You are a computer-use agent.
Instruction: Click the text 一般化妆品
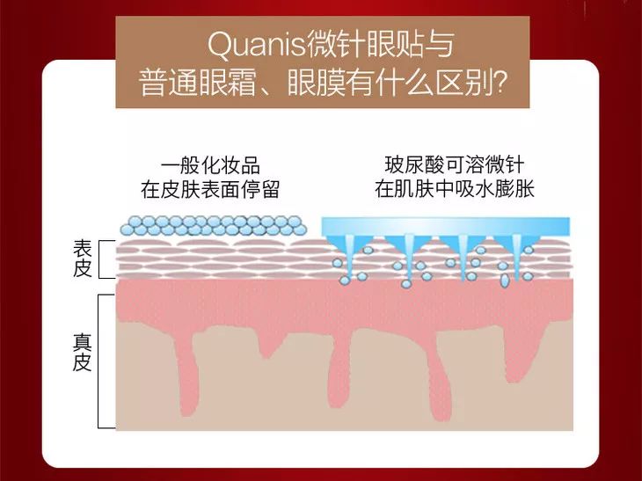[x=210, y=166]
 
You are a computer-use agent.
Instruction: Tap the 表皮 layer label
[x=82, y=259]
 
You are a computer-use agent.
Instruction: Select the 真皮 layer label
[x=82, y=352]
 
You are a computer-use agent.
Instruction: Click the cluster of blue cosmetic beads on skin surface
[x=209, y=225]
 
